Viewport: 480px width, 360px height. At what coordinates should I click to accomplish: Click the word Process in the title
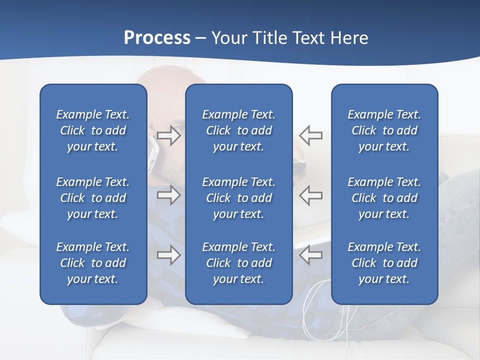tap(157, 38)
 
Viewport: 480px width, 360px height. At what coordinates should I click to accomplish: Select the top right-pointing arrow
tap(168, 135)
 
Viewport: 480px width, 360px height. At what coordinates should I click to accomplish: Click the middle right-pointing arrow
tap(168, 195)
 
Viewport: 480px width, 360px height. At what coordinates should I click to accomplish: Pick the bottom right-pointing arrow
tap(168, 255)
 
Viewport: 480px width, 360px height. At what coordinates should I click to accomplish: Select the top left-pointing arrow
tap(310, 135)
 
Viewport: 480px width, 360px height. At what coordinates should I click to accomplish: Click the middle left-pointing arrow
tap(310, 195)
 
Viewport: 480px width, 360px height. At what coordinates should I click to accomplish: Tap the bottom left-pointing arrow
tap(310, 255)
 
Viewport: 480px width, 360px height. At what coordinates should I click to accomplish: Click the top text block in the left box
tap(93, 130)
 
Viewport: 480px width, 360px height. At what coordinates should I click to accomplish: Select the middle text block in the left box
tap(93, 198)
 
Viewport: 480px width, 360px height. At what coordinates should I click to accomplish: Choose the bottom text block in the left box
tap(93, 263)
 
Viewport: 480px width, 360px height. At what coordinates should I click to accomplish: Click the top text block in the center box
tap(238, 130)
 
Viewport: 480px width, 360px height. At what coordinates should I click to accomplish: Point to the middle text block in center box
tap(238, 198)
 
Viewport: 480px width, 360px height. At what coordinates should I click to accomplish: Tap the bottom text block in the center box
tap(238, 263)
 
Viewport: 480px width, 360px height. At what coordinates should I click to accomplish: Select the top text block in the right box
tap(384, 130)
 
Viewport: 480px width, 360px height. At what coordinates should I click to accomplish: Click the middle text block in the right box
tap(384, 198)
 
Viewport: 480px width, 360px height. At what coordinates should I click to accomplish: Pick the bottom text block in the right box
tap(384, 263)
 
